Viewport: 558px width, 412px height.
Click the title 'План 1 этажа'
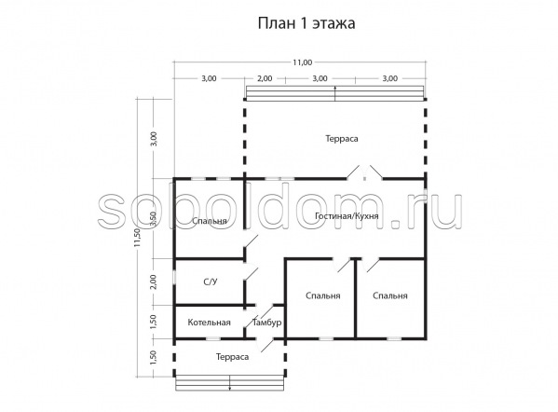tap(306, 23)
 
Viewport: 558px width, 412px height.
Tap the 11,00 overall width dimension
tap(302, 62)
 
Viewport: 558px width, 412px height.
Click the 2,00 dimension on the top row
tap(265, 78)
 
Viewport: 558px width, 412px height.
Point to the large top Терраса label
tap(342, 139)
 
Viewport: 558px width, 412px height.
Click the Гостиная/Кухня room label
tap(347, 216)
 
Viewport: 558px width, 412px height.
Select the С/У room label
tap(210, 282)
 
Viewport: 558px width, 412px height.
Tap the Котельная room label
tap(209, 323)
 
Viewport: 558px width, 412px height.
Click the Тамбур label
tap(267, 323)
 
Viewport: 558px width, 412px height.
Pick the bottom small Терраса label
tap(232, 357)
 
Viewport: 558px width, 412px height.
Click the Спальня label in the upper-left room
tap(210, 221)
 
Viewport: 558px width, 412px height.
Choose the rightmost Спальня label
tap(390, 295)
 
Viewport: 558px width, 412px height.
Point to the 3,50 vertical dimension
tap(153, 219)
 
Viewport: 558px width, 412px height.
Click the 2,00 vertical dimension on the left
tap(153, 282)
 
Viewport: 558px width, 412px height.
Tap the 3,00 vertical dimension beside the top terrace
tap(153, 139)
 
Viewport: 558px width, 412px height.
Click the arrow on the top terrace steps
tap(334, 93)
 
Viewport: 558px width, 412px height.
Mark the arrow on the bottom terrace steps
tap(229, 383)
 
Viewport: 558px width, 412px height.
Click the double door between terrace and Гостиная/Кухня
tap(364, 172)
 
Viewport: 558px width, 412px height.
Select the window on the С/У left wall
tap(174, 278)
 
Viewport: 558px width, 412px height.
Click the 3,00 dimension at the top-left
tap(209, 78)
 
